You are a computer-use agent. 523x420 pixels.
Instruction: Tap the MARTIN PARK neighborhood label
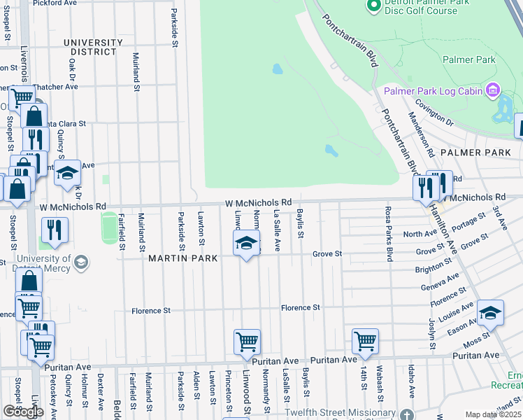pos(183,258)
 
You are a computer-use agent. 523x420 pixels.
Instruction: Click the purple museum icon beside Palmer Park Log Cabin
pos(493,90)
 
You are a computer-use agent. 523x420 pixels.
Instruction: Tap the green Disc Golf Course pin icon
pos(373,6)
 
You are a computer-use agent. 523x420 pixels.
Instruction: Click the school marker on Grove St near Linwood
pos(246,244)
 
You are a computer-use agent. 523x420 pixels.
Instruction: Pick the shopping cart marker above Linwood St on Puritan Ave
pos(247,342)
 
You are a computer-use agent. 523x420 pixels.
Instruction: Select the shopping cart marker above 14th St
pos(365,341)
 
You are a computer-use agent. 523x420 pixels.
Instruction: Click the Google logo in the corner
pos(23,412)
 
